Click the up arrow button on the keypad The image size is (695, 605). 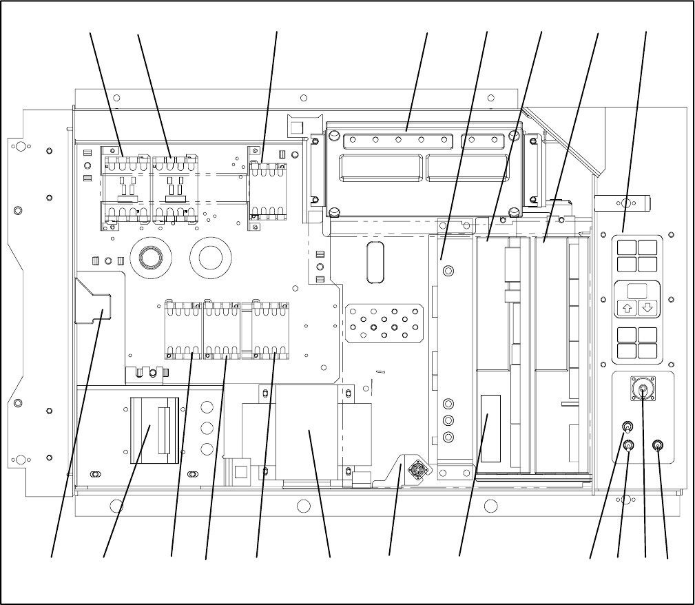click(x=627, y=308)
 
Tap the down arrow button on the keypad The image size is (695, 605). click(x=646, y=308)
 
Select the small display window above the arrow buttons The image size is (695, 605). click(x=637, y=290)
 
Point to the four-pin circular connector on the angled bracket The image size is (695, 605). click(x=417, y=471)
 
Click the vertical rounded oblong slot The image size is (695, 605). click(x=376, y=262)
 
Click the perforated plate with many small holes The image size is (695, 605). click(x=384, y=322)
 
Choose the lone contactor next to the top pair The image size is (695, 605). click(x=266, y=189)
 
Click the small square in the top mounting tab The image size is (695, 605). click(x=297, y=127)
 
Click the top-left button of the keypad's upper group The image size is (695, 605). click(x=627, y=248)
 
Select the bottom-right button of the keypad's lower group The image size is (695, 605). click(x=647, y=350)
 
